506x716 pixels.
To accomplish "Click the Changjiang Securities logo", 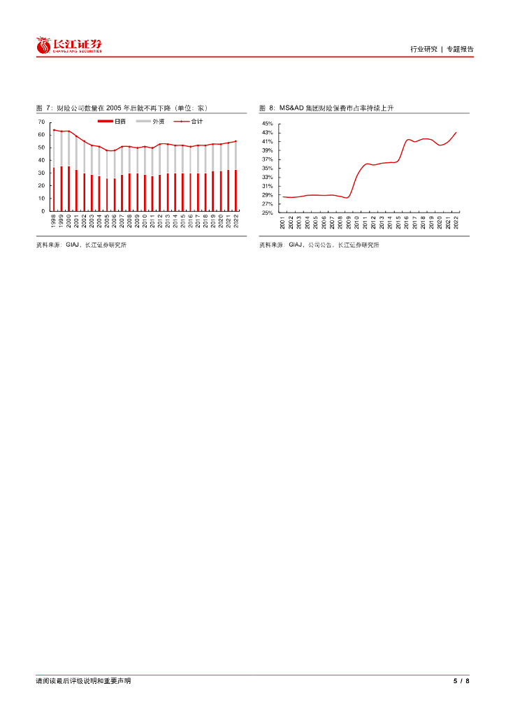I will point(69,45).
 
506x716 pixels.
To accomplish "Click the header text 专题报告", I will point(460,49).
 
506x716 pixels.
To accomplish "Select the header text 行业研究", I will point(424,49).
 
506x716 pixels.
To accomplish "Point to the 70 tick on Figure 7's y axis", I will point(42,122).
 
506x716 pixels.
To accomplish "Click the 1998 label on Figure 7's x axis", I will point(54,222).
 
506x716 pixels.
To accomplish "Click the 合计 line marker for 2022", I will point(236,141).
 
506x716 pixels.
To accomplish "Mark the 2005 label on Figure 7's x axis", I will point(107,222).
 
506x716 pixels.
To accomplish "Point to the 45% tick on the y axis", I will point(267,124).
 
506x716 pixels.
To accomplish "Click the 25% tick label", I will point(267,213).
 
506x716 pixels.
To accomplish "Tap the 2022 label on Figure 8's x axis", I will point(456,223).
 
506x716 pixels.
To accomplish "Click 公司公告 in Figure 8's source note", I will point(321,245).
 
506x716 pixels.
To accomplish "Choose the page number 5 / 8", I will point(461,681).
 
